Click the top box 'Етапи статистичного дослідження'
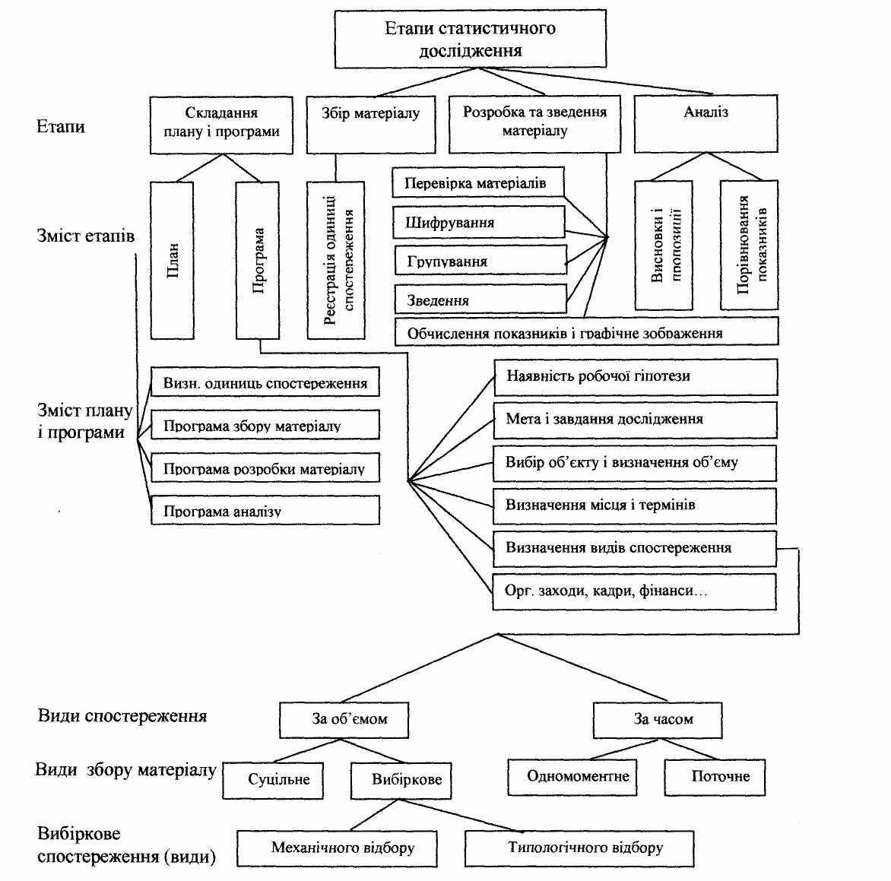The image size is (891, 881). point(471,39)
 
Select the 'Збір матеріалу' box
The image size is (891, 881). point(371,125)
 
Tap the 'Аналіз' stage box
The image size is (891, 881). point(706,124)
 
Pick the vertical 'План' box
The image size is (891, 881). point(172,260)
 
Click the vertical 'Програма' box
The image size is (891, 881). point(258,260)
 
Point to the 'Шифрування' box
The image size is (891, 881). point(478,222)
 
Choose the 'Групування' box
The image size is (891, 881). point(480,260)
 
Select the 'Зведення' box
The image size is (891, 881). point(480,299)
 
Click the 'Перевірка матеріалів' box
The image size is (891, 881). point(478,182)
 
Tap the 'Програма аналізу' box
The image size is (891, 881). point(265,509)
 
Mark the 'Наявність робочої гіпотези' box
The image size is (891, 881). point(636,376)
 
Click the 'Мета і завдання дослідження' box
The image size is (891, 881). point(636,420)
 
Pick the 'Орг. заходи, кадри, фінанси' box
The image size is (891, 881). point(635,591)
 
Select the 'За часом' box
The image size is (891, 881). point(658,721)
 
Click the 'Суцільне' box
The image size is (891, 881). point(273,781)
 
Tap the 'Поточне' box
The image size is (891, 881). point(715,777)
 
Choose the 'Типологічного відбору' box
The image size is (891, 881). point(579,848)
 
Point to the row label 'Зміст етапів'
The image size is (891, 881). point(86,235)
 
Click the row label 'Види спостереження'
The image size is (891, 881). point(122,715)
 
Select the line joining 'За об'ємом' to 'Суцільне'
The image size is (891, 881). point(307,750)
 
